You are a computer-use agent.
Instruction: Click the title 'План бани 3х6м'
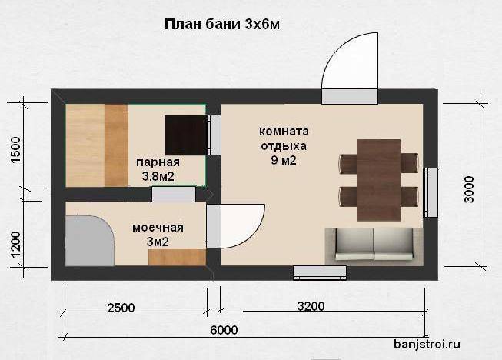pyautogui.click(x=222, y=25)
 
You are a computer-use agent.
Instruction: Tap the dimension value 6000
pyautogui.click(x=224, y=330)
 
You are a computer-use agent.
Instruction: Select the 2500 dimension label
pyautogui.click(x=121, y=308)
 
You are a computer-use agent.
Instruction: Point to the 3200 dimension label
pyautogui.click(x=311, y=306)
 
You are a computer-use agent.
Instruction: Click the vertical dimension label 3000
pyautogui.click(x=469, y=189)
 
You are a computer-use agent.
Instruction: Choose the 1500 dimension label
pyautogui.click(x=15, y=150)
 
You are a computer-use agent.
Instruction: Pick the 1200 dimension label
pyautogui.click(x=15, y=245)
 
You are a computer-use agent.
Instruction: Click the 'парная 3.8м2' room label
pyautogui.click(x=158, y=169)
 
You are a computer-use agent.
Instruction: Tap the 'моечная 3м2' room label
pyautogui.click(x=158, y=235)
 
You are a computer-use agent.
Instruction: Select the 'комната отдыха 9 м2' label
pyautogui.click(x=284, y=145)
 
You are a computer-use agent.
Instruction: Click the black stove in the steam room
pyautogui.click(x=186, y=135)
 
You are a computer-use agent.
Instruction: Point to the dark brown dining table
pyautogui.click(x=379, y=180)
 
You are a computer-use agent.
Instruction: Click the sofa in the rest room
pyautogui.click(x=374, y=246)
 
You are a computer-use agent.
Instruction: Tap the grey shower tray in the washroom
pyautogui.click(x=89, y=241)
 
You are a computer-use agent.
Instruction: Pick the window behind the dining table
pyautogui.click(x=431, y=193)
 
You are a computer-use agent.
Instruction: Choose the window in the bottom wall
pyautogui.click(x=320, y=272)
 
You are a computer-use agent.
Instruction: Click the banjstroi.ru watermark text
pyautogui.click(x=427, y=345)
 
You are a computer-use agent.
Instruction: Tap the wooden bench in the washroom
pyautogui.click(x=177, y=258)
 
